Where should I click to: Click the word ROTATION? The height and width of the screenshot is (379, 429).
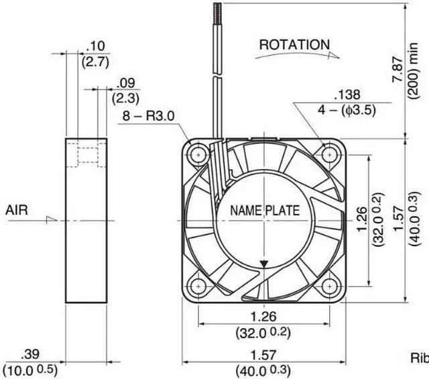coord(294,45)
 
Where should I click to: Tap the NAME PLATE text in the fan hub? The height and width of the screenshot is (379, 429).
coord(265,211)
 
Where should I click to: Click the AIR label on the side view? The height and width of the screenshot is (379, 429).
coord(17,210)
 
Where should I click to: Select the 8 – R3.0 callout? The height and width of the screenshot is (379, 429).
coord(148,116)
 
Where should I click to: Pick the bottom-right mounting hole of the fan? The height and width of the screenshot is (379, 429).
coord(329,286)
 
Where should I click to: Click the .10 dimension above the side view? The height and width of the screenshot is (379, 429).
coord(95,46)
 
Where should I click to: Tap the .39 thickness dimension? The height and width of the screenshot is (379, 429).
coord(29,354)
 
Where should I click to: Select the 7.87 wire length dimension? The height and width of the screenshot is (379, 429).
coord(397,68)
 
